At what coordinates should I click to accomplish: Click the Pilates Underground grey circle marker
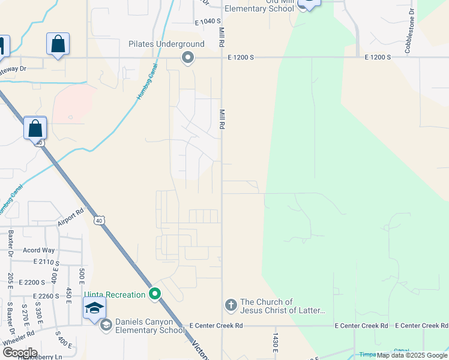coord(188,58)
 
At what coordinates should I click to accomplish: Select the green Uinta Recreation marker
coord(155,294)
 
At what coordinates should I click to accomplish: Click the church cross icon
coord(231,305)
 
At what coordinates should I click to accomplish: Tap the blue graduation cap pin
coord(94,309)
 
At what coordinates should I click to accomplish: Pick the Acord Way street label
coord(38,250)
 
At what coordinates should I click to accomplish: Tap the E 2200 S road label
coord(32,282)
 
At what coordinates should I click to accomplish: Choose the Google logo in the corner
coord(20,352)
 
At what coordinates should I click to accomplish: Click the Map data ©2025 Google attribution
coord(412,355)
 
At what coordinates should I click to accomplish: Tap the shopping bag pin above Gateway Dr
coord(58,44)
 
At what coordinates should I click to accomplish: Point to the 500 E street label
coord(82,277)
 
